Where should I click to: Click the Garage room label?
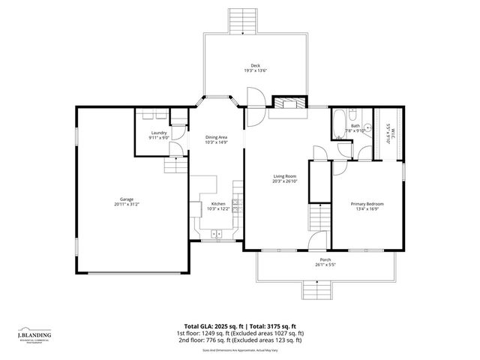pos(127,199)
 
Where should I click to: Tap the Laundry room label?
pos(158,133)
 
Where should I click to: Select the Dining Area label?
pos(216,137)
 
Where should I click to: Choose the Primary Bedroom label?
pos(369,204)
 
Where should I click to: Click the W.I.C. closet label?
pos(388,133)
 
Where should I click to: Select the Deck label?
pos(256,66)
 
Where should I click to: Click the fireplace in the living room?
pos(288,104)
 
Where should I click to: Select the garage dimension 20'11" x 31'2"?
pos(127,205)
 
